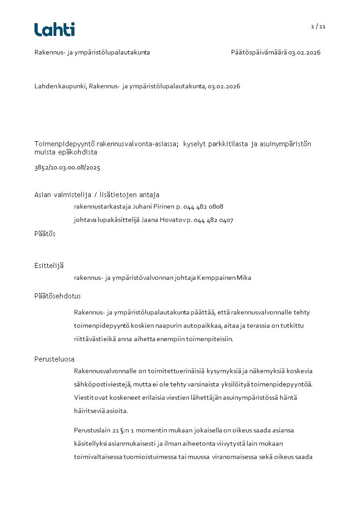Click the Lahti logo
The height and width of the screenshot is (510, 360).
[x=54, y=30]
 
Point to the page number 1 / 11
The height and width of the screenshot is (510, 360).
[x=318, y=26]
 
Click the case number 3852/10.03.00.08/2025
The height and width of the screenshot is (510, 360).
[x=67, y=168]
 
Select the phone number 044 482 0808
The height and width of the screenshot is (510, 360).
[x=203, y=207]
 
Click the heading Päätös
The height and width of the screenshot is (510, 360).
[x=45, y=234]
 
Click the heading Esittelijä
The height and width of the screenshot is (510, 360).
[x=49, y=265]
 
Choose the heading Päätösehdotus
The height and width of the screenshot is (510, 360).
[x=58, y=296]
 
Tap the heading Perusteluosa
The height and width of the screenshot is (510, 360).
[x=54, y=359]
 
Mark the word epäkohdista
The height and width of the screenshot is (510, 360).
[x=75, y=152]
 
